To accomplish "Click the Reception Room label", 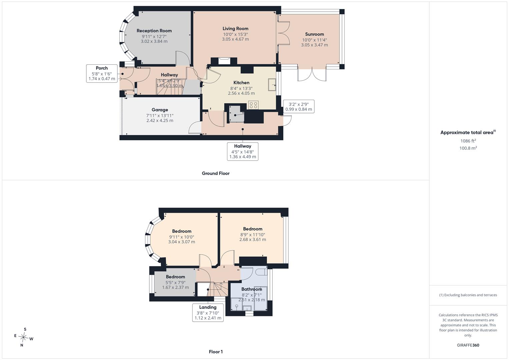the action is [x=154, y=31].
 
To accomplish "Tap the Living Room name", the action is [x=235, y=29].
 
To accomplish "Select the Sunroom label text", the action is [x=314, y=34].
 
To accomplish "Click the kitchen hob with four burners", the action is [x=253, y=105].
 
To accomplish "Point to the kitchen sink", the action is [x=272, y=85].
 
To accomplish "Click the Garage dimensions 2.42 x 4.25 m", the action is [x=160, y=120].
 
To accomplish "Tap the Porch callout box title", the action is [x=102, y=68].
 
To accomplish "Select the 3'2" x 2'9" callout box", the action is [x=299, y=107].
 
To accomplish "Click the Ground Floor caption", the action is [x=216, y=173].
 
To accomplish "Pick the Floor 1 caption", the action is [x=216, y=352].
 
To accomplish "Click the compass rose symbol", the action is [x=23, y=337].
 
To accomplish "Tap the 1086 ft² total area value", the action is [x=468, y=141].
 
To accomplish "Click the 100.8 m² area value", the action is [x=468, y=148].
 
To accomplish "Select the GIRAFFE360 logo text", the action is [x=468, y=345].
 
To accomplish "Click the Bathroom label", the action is [x=252, y=289].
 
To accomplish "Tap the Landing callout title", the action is [x=208, y=307].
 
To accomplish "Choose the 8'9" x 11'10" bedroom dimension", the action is [x=253, y=235].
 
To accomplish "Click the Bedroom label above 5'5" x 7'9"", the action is [x=175, y=277].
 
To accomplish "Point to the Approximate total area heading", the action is [x=467, y=133].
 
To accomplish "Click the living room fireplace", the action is [x=224, y=61].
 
